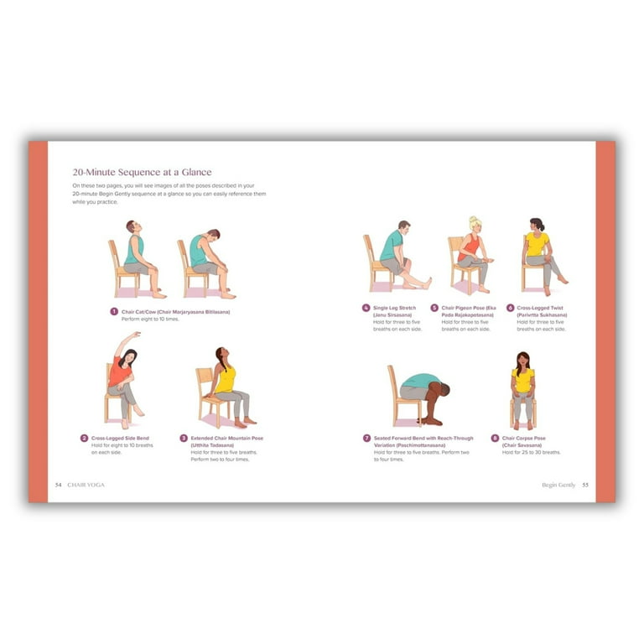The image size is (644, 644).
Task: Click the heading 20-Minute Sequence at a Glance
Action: (x=141, y=172)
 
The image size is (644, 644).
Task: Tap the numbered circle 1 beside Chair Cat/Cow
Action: (x=114, y=312)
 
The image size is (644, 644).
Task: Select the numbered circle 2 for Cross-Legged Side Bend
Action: (x=85, y=438)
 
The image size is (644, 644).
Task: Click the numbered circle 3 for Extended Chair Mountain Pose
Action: (x=184, y=438)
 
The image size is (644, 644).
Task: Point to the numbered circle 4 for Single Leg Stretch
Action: (x=366, y=308)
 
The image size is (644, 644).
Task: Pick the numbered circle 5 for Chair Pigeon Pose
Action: (x=434, y=308)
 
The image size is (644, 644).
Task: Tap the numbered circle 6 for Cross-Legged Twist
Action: (x=510, y=308)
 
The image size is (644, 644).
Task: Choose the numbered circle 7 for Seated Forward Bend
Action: (x=367, y=438)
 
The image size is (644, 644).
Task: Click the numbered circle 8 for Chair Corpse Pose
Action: (x=495, y=438)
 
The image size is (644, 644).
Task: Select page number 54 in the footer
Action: (x=59, y=485)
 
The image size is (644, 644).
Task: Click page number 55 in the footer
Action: (x=585, y=485)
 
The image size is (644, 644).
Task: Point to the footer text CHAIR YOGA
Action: (x=86, y=485)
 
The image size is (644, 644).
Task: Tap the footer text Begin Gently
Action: (x=558, y=485)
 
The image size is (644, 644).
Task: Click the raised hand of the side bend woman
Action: (x=137, y=335)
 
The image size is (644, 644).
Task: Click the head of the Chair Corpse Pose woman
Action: (x=522, y=360)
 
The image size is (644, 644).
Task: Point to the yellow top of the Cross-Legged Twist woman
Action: (x=538, y=244)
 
